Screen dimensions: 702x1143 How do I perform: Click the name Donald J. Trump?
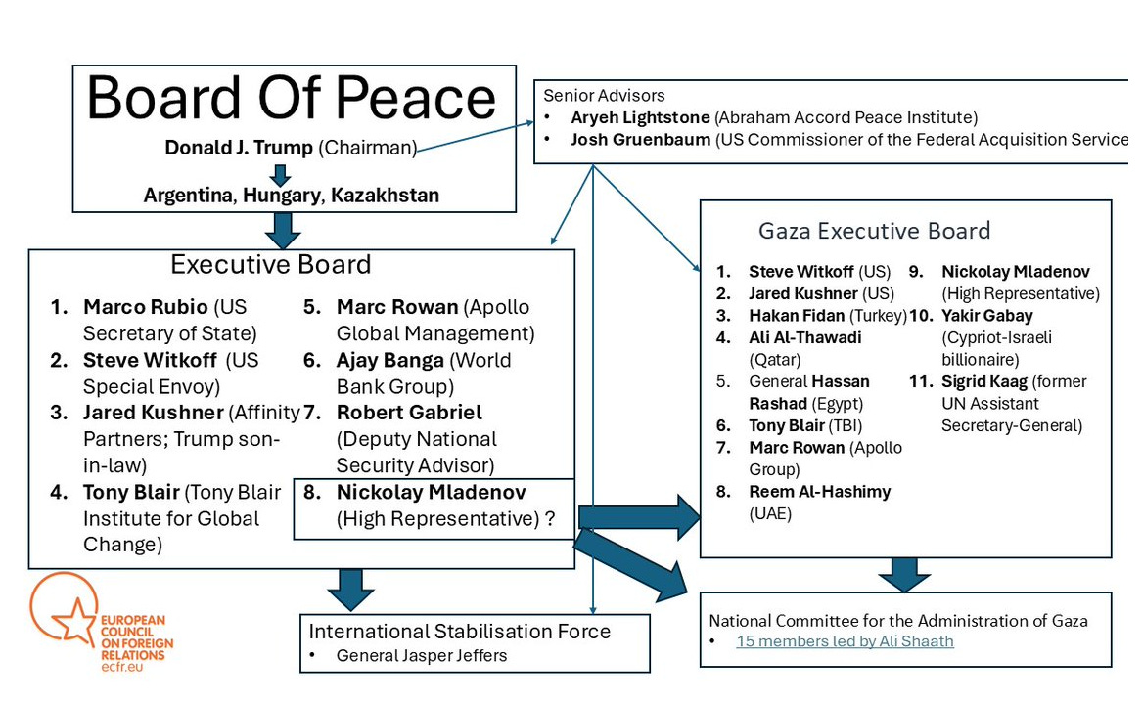239,149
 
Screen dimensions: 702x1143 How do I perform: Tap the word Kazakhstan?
385,196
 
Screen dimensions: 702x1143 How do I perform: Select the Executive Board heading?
270,265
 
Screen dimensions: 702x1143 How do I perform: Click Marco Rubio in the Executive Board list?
145,307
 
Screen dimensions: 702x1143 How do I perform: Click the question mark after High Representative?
550,519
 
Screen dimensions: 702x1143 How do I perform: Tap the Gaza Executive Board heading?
874,231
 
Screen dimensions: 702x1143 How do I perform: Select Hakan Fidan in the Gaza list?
797,316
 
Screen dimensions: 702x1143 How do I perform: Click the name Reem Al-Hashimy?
819,491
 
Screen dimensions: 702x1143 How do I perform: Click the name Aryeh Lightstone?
641,117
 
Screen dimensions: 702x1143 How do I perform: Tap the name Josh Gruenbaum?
641,139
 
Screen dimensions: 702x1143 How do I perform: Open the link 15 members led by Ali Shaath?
845,641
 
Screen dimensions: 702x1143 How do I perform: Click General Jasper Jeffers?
422,655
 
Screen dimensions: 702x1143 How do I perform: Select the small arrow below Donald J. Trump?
281,174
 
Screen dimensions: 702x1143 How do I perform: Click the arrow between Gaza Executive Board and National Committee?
903,574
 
